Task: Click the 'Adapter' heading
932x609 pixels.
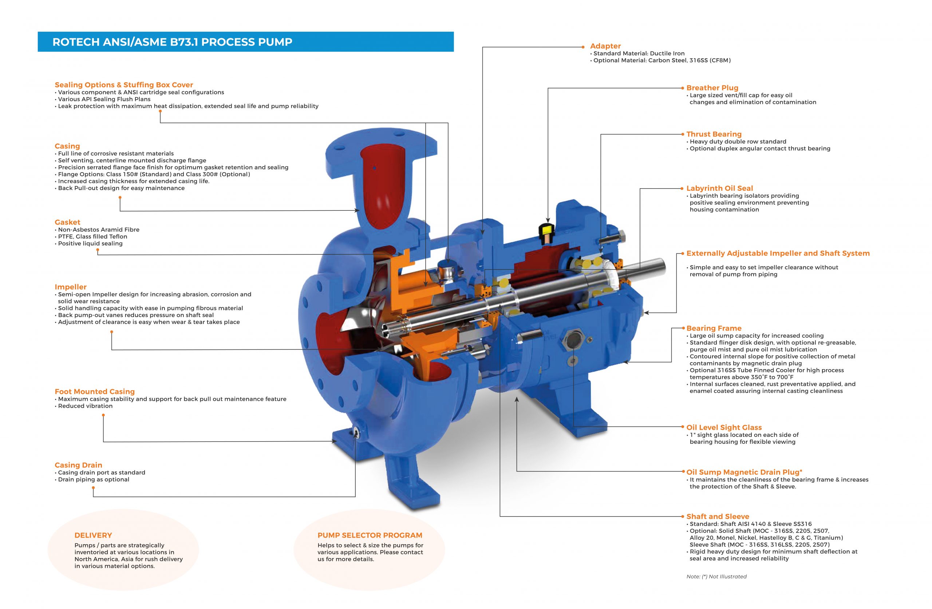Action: coord(605,46)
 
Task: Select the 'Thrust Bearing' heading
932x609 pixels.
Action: coord(714,134)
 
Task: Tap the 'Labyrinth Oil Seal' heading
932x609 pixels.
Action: coord(719,188)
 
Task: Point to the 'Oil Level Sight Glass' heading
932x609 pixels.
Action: coord(724,427)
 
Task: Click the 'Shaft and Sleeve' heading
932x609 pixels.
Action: coord(718,516)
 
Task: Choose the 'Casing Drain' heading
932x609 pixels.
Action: coord(78,465)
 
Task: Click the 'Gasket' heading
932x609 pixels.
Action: coord(67,222)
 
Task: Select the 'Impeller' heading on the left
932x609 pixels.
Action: coord(71,287)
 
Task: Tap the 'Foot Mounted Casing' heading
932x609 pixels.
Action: coord(94,391)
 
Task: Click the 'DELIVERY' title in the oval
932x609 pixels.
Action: coord(93,535)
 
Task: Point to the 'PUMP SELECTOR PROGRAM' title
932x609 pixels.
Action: coord(370,535)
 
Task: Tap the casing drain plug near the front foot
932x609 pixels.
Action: coord(356,432)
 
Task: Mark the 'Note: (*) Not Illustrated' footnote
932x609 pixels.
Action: coord(716,576)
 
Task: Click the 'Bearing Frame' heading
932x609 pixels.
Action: coord(714,328)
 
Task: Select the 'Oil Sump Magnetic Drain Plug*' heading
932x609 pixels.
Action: coord(744,472)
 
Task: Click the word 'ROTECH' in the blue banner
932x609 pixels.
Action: coord(76,42)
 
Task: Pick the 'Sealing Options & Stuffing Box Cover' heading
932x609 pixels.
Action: coord(124,84)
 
